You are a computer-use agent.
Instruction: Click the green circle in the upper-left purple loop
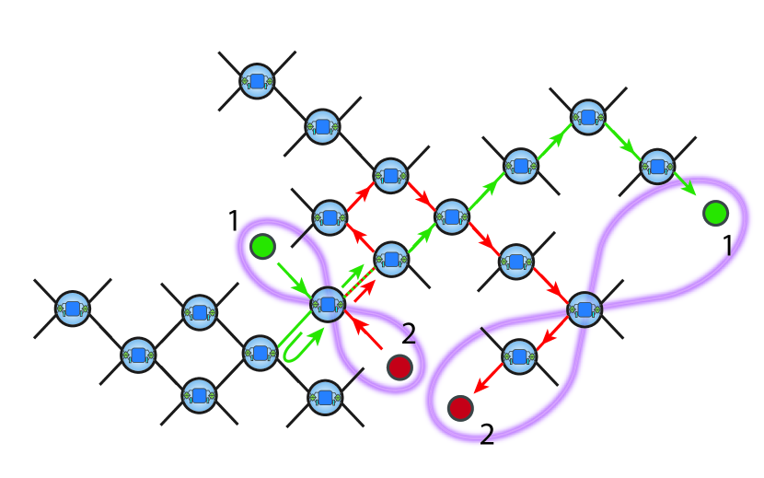pos(262,246)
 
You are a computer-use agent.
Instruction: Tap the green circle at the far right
pos(715,214)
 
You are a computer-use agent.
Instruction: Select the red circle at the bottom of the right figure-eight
pos(460,405)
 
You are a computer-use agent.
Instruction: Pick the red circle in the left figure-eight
pos(399,367)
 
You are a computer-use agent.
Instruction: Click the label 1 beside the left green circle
pos(234,221)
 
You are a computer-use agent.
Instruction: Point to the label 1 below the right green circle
pos(728,247)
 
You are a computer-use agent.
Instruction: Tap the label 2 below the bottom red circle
pos(487,434)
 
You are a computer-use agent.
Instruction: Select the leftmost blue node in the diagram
pos(72,308)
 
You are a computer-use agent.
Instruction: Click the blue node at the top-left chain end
pos(257,82)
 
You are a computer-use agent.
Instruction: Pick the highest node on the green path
pos(587,116)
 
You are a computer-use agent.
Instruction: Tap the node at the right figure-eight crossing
pos(584,309)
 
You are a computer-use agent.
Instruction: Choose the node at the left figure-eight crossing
pos(326,304)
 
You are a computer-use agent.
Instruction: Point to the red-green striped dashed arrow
pos(360,282)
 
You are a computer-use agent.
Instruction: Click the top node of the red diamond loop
pos(389,174)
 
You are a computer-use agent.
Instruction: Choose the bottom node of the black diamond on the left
pos(199,395)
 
